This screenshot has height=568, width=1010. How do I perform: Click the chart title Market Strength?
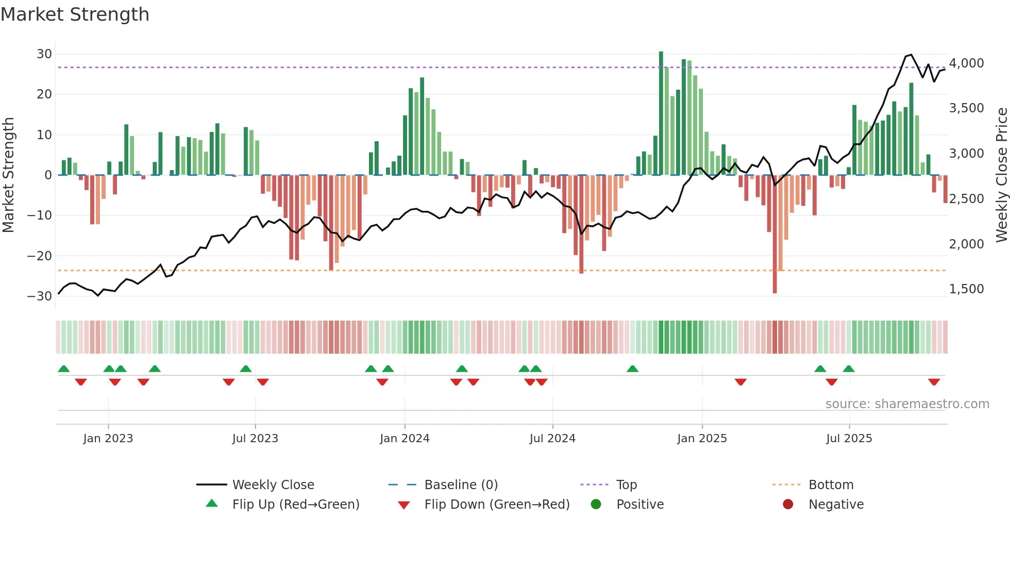click(75, 14)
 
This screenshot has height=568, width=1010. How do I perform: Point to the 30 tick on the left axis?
click(44, 54)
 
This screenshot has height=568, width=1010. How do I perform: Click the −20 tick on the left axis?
click(40, 256)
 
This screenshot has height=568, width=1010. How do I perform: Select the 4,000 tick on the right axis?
click(966, 63)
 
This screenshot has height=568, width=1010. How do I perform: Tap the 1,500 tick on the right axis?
click(966, 289)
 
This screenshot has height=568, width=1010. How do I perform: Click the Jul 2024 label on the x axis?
click(552, 439)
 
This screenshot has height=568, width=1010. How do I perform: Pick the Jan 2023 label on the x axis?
click(108, 439)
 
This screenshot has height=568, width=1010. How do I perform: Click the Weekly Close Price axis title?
click(1001, 175)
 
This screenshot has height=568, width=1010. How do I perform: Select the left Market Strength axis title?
click(8, 175)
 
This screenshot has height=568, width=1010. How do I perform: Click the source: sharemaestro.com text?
click(907, 404)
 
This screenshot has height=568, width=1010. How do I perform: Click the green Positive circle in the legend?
click(596, 505)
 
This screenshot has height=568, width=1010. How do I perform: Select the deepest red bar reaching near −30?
click(775, 235)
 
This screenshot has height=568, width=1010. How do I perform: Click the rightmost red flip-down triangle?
click(934, 382)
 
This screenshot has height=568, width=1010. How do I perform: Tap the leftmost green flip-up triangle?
click(64, 369)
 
